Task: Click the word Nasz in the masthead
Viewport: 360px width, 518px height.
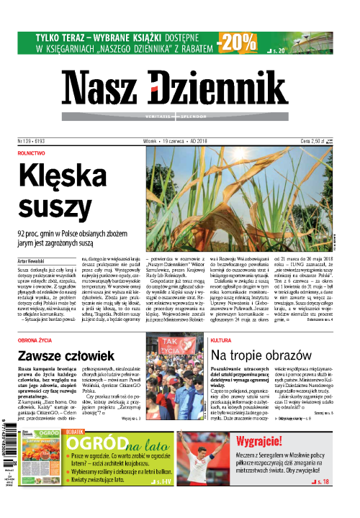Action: (x=101, y=88)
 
